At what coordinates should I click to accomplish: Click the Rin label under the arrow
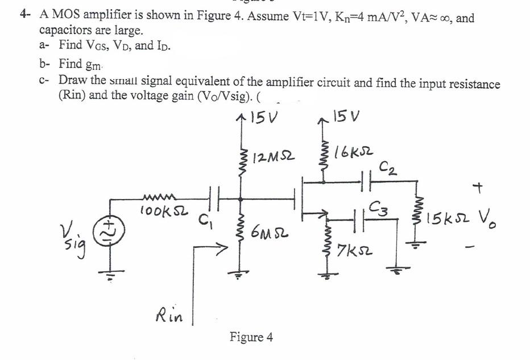point(169,315)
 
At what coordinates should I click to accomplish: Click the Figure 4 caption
point(251,337)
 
